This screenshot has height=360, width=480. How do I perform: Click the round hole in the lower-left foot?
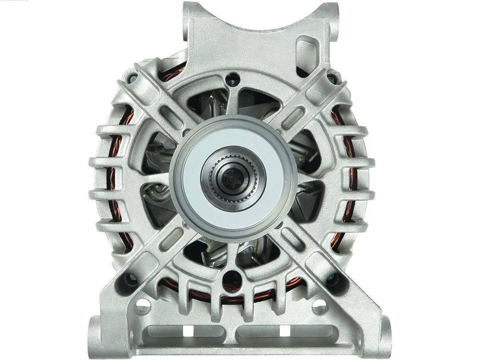pyautogui.click(x=143, y=305)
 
